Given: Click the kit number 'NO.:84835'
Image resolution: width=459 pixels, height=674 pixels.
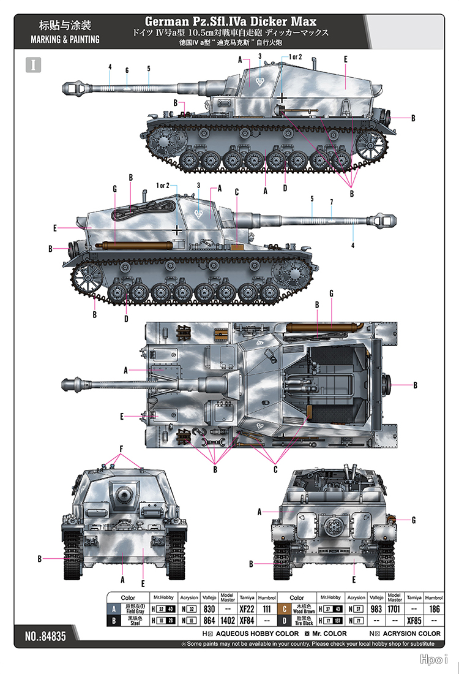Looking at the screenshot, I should click(x=45, y=637).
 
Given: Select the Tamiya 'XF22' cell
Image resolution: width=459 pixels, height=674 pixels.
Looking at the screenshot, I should click(x=247, y=610).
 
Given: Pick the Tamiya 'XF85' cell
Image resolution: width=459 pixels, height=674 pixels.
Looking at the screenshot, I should click(x=414, y=621).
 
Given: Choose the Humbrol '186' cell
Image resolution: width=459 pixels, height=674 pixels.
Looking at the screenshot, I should click(x=434, y=610).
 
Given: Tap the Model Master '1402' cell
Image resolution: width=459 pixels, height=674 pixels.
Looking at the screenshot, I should click(x=228, y=621).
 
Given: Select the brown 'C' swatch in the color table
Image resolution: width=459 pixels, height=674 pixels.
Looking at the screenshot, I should click(x=283, y=610).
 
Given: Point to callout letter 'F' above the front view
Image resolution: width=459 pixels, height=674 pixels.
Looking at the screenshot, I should click(x=121, y=449).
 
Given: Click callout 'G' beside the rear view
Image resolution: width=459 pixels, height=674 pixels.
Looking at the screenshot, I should click(x=414, y=520).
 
